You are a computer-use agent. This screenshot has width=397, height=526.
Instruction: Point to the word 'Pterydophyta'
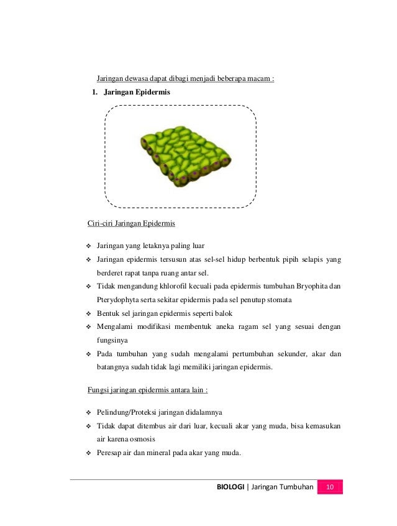(121, 299)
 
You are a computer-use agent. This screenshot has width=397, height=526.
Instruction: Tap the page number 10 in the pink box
(330, 486)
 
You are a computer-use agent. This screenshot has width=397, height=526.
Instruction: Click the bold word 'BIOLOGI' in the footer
(230, 486)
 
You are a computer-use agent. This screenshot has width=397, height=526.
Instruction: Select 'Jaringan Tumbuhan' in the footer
(281, 486)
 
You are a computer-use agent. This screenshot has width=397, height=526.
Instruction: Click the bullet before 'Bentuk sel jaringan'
(88, 313)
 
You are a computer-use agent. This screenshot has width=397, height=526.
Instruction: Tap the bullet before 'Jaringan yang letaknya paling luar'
(88, 245)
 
